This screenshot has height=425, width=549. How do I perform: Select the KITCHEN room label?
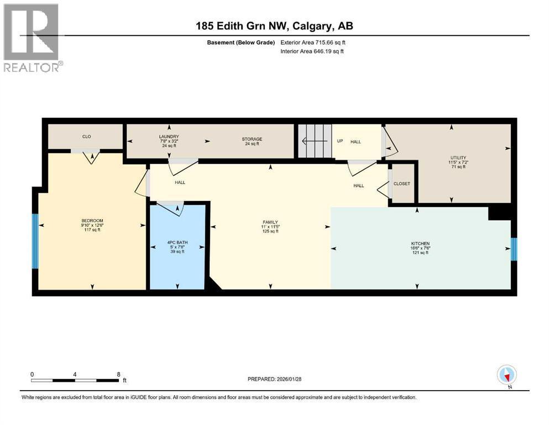pos(420,243)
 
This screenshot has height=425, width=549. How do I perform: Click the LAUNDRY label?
pos(169,136)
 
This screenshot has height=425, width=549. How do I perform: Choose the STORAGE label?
pos(252,139)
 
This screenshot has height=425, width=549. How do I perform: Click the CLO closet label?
pos(87,136)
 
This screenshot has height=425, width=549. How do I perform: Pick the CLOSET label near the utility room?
pos(402,183)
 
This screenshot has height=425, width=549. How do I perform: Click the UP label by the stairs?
pos(340,141)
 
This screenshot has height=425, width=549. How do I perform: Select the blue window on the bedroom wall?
pos(35,241)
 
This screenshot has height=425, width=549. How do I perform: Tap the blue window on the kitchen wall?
pos(514,249)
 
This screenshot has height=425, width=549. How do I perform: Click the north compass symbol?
pos(506,376)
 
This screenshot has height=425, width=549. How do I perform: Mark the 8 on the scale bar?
pos(118,374)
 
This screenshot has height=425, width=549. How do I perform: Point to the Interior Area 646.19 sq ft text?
pos(312,51)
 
